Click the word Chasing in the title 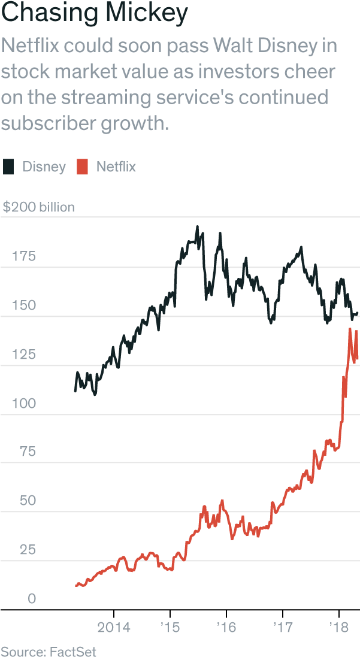tap(46, 13)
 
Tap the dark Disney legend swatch tap(8, 166)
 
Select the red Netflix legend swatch tap(83, 166)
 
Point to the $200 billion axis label tap(39, 207)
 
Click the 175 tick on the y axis tap(23, 257)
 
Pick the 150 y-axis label tap(23, 305)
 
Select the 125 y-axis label tap(23, 355)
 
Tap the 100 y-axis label tap(23, 404)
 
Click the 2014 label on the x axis tap(114, 628)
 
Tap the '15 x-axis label tap(170, 628)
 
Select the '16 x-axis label tap(226, 628)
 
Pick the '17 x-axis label tap(282, 628)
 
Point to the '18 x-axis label tap(338, 628)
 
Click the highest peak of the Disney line tap(198, 226)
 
